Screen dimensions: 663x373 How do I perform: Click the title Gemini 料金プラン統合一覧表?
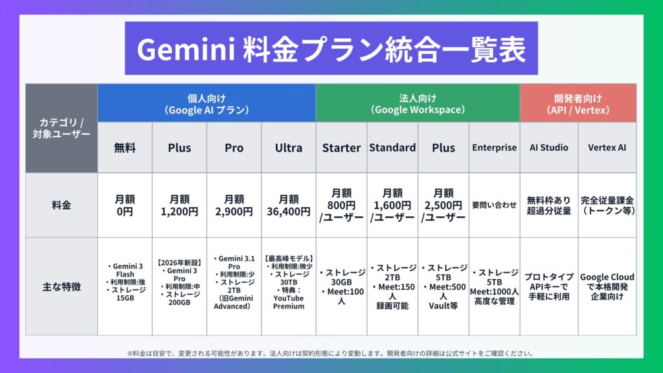(x=331, y=49)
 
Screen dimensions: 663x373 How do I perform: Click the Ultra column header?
(x=289, y=148)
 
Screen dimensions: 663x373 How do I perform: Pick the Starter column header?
(x=341, y=148)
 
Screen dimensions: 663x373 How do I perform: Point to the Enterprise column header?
(x=494, y=148)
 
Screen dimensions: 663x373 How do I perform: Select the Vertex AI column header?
(x=607, y=148)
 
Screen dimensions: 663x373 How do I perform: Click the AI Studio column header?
(x=549, y=148)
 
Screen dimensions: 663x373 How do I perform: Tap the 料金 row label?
(x=62, y=205)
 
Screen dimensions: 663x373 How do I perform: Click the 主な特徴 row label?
(x=62, y=287)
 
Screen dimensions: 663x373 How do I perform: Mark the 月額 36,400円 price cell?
(x=289, y=205)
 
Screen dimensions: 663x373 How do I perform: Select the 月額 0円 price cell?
(x=125, y=205)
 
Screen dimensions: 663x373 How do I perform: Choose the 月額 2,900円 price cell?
(x=234, y=205)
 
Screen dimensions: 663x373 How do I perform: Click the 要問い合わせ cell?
(x=494, y=205)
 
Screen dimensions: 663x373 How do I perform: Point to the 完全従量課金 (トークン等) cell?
(x=607, y=205)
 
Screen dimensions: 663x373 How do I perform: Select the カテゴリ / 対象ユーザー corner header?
(x=62, y=128)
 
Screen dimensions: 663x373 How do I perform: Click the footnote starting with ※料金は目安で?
(x=331, y=353)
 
